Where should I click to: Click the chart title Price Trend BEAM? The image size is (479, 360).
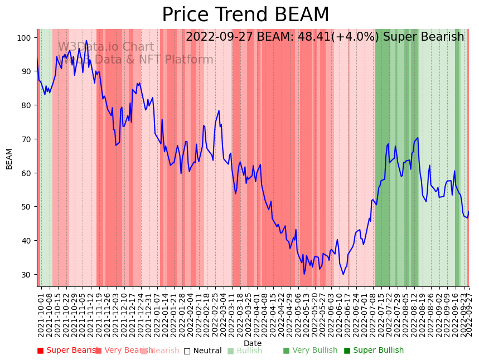[245, 14]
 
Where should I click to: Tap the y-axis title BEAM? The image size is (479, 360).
[9, 158]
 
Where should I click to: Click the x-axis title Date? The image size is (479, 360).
[252, 343]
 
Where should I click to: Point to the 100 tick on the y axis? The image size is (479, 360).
[26, 37]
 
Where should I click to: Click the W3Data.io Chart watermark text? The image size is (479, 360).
[106, 47]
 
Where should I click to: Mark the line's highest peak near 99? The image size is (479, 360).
[86, 40]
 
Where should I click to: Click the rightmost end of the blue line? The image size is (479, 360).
[468, 212]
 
